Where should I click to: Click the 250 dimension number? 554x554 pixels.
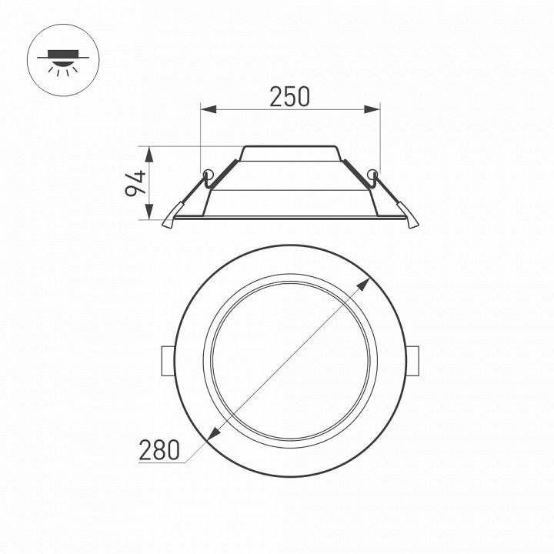(289, 96)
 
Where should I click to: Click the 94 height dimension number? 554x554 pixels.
(135, 183)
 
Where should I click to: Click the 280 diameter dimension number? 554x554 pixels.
(159, 450)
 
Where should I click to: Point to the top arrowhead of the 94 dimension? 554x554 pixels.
(151, 152)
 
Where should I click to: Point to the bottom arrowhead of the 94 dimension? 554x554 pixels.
(151, 215)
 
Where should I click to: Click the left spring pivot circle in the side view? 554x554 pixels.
(207, 172)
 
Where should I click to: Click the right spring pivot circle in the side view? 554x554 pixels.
(373, 172)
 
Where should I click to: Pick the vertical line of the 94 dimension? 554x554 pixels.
(151, 183)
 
